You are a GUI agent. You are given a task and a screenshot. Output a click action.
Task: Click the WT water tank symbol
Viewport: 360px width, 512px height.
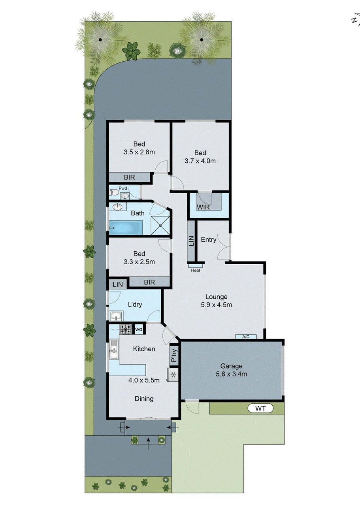(260, 408)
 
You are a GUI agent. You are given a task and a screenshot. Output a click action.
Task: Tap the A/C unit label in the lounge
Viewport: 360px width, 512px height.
(246, 337)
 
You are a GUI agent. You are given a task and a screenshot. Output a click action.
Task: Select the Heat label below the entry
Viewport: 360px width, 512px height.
(196, 271)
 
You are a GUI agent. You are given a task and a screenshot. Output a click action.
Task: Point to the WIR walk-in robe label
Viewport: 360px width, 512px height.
(203, 207)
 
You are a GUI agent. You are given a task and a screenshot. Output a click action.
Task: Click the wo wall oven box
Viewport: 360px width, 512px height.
(139, 329)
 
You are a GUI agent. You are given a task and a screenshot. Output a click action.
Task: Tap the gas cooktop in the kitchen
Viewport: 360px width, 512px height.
(126, 328)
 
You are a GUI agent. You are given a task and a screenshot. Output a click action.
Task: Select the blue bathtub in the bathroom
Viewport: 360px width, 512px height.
(126, 228)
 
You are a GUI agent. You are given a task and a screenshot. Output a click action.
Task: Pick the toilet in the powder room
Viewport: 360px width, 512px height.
(113, 192)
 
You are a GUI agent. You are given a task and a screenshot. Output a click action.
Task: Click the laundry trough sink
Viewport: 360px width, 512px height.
(117, 316)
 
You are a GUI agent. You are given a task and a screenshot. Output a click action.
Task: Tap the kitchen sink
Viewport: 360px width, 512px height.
(114, 350)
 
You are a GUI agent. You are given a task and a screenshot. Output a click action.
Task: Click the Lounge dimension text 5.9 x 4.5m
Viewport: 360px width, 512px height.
(216, 305)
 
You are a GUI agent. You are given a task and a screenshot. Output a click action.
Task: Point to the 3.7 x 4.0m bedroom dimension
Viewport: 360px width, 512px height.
(200, 161)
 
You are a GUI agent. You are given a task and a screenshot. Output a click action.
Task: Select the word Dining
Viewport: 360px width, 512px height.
(144, 398)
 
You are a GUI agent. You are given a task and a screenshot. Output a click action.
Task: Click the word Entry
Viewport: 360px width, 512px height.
(208, 239)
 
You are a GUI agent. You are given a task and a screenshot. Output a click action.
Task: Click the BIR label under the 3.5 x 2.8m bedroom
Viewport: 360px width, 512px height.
(129, 177)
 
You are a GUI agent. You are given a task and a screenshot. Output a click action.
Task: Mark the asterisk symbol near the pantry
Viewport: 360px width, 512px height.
(173, 374)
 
